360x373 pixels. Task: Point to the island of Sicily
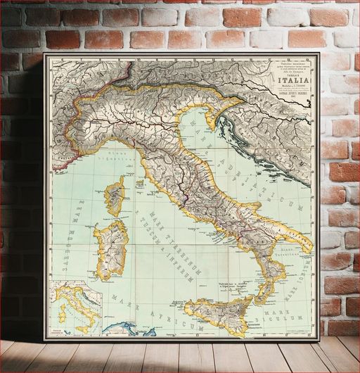point(217,314)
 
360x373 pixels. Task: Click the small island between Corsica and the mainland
point(139,184)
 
